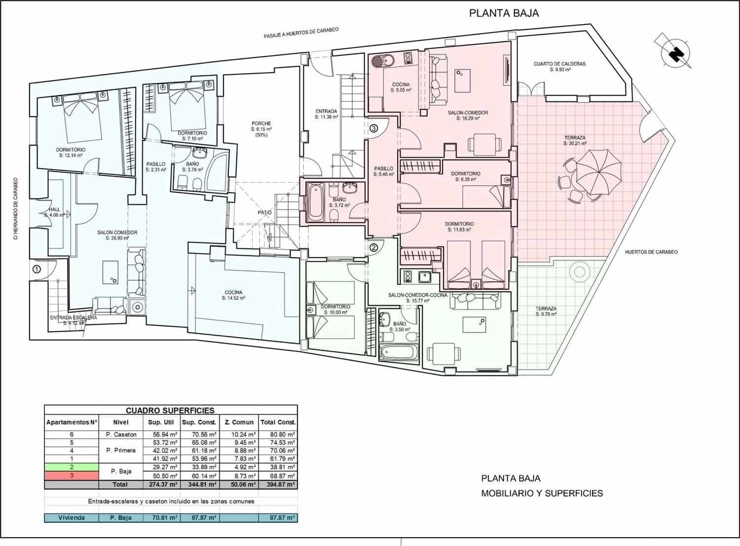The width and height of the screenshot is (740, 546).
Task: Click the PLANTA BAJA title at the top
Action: click(x=504, y=13)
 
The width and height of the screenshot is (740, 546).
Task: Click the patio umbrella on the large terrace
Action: click(x=598, y=172)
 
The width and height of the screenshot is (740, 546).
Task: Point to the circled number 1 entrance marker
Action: click(x=37, y=269)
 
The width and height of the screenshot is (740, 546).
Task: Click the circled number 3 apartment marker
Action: click(x=374, y=129)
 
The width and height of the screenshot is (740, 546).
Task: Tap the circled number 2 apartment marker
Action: click(x=374, y=248)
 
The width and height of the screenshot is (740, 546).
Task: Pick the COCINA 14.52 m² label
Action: click(x=233, y=295)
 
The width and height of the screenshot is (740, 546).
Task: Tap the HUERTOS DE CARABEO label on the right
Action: click(x=651, y=252)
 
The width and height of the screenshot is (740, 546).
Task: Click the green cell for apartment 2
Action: click(x=72, y=467)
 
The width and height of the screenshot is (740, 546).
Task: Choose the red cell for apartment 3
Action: click(x=72, y=476)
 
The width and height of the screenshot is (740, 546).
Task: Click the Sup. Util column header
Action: click(x=161, y=422)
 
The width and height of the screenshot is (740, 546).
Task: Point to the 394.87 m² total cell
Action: click(x=278, y=485)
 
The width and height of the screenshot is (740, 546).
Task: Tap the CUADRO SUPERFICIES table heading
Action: click(x=170, y=410)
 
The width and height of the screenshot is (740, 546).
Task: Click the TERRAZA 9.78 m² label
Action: click(x=546, y=311)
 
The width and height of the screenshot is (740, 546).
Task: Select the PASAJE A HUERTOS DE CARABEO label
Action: click(x=301, y=33)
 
